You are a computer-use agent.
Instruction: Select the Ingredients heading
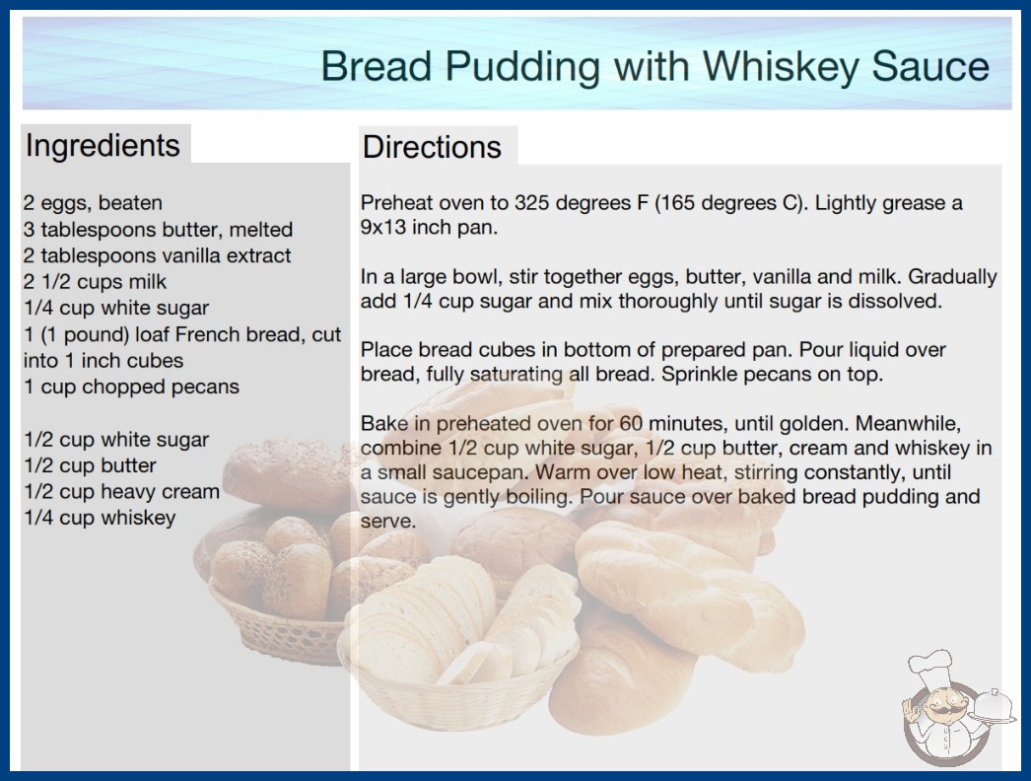pyautogui.click(x=103, y=146)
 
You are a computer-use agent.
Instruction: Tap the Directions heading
pyautogui.click(x=432, y=147)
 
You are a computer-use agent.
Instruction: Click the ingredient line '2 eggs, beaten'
pyautogui.click(x=93, y=203)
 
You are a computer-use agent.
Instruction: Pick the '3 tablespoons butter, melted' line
pyautogui.click(x=158, y=229)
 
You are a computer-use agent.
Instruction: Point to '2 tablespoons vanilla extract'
pyautogui.click(x=157, y=255)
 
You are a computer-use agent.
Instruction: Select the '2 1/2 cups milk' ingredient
pyautogui.click(x=96, y=282)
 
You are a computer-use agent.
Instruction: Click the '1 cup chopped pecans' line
pyautogui.click(x=131, y=387)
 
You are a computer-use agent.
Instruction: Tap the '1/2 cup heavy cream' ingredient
pyautogui.click(x=121, y=491)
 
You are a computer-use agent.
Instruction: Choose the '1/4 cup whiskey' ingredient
pyautogui.click(x=100, y=518)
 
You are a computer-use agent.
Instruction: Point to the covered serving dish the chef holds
pyautogui.click(x=994, y=707)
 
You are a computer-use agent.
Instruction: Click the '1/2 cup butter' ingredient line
pyautogui.click(x=90, y=465)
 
